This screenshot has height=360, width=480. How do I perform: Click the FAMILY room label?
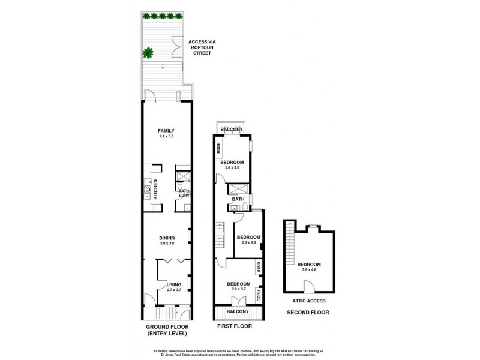[166, 130]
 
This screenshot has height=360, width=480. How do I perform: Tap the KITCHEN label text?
[155, 190]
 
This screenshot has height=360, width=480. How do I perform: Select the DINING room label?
[166, 238]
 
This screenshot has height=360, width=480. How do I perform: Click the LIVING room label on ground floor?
[174, 285]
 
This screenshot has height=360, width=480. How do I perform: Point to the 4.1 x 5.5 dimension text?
[166, 137]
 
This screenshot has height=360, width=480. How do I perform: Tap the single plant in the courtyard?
[147, 53]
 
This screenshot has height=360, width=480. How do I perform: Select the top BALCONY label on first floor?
[231, 130]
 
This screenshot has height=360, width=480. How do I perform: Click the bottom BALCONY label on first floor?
[239, 311]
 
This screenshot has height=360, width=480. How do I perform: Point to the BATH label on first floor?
[238, 199]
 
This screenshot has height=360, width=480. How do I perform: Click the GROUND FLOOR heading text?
[166, 327]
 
